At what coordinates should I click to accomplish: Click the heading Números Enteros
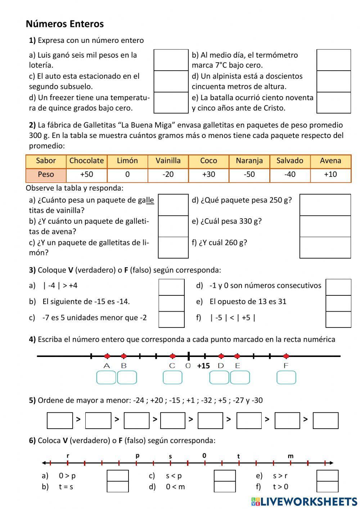point(65,24)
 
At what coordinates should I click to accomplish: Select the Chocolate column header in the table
point(86,161)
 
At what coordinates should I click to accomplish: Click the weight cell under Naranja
point(249,175)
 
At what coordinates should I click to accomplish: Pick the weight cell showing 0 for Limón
point(127,175)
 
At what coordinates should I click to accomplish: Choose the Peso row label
point(46,175)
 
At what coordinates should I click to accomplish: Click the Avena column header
point(330,161)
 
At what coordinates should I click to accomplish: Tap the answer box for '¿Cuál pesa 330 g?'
point(325,226)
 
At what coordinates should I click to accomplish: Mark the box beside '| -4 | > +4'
point(171,287)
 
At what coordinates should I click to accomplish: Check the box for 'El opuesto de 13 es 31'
point(338,303)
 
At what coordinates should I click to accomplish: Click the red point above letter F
point(286,356)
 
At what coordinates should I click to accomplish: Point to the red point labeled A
point(107,356)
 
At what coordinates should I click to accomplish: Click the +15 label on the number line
point(203,366)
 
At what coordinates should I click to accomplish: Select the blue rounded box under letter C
point(172,378)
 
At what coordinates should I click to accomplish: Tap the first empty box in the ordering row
point(60,420)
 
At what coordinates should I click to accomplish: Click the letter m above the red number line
point(291,456)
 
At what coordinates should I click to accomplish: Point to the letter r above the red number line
point(68,456)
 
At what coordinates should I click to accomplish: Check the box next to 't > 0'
point(328,487)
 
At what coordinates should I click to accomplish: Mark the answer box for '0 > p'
point(118,475)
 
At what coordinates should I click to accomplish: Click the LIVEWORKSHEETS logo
point(304,501)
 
